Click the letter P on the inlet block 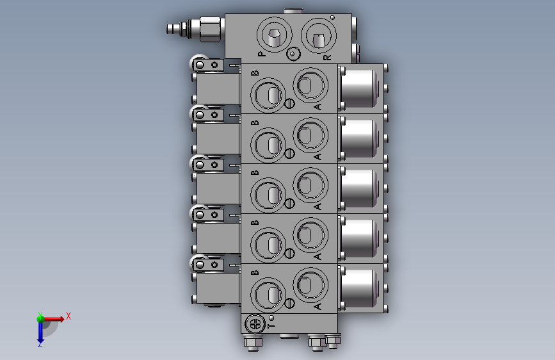pos(261,54)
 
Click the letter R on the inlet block pos(327,57)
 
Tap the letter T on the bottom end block pos(271,325)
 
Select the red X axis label pos(68,316)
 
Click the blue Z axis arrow pos(40,332)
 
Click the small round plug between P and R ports pos(293,54)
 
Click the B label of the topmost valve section pos(255,74)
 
